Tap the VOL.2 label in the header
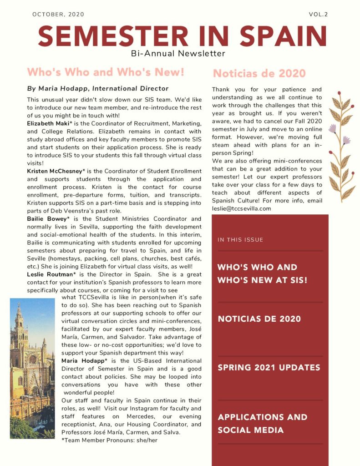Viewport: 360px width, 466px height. tap(318, 15)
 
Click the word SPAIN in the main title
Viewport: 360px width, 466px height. tap(283, 36)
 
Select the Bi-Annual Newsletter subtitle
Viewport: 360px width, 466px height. tap(178, 54)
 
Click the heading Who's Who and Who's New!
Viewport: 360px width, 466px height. tap(106, 72)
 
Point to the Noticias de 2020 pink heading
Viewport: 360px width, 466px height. tap(259, 73)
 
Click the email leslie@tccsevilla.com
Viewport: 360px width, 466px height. tap(241, 208)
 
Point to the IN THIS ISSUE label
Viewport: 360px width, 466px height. tap(240, 240)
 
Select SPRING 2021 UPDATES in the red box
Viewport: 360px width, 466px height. tap(269, 368)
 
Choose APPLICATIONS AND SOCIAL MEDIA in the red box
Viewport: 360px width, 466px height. tap(262, 424)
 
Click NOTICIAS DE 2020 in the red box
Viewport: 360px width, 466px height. tap(259, 319)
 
